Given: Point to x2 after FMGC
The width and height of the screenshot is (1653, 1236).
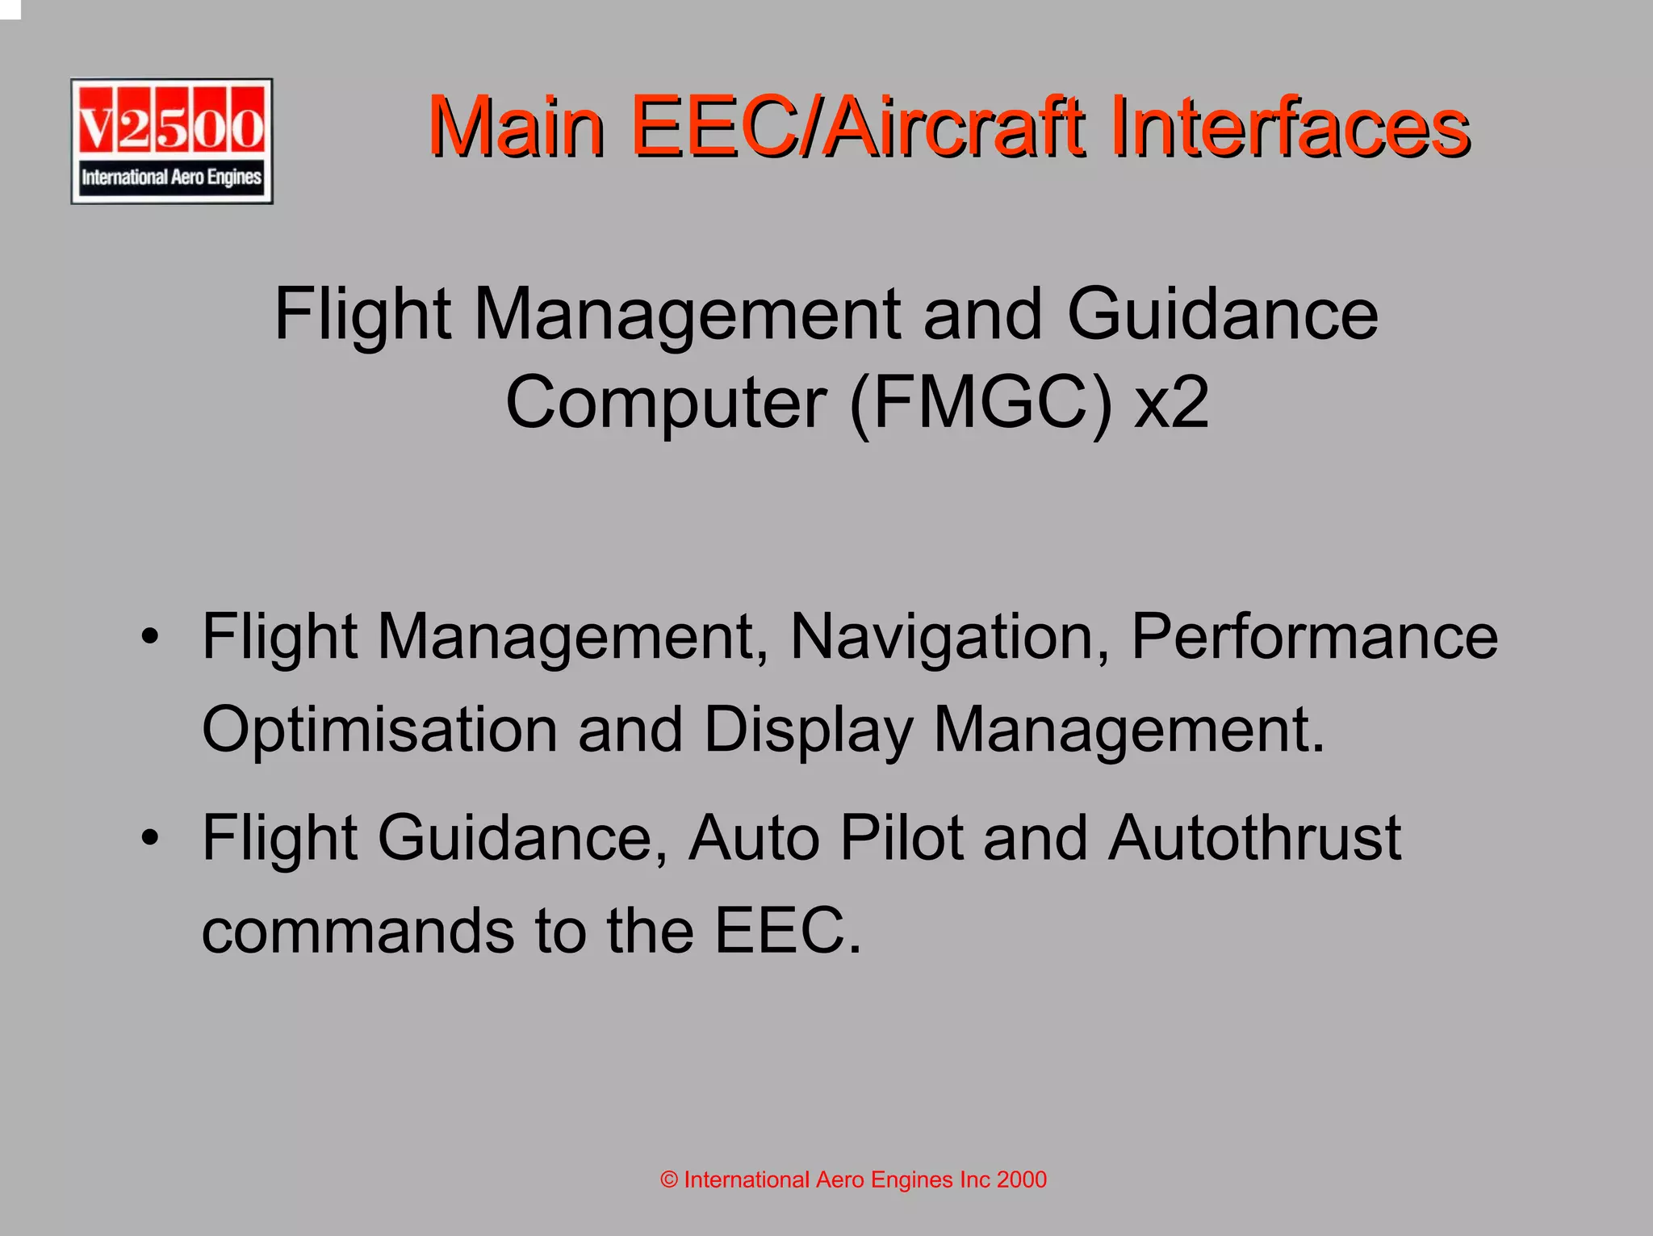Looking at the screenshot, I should point(1172,403).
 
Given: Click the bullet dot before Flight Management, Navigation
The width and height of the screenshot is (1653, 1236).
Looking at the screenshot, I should point(149,637).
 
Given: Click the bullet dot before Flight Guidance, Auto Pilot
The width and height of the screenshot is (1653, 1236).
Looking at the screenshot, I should point(149,838).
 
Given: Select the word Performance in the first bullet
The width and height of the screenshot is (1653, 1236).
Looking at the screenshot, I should point(1314,637).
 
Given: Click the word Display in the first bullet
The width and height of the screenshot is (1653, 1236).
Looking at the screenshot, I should point(808,730).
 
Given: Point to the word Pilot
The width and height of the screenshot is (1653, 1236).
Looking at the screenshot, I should point(902,838).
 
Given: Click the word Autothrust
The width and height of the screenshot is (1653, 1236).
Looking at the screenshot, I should point(1254,838).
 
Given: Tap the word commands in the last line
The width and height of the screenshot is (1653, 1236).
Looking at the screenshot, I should point(358,931).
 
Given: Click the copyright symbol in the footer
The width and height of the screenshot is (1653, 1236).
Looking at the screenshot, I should point(669,1180).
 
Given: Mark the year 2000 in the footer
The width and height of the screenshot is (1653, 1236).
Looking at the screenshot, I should point(1021,1180).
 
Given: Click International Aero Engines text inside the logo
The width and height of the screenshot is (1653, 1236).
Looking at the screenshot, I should point(171,177).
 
